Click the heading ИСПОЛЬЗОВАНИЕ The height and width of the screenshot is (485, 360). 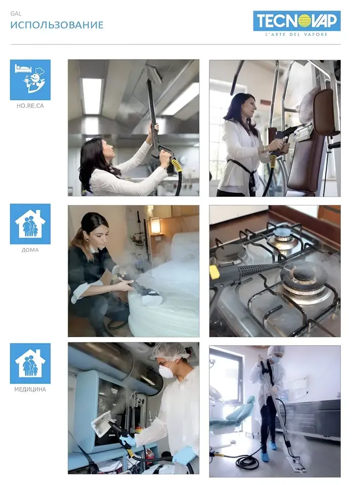tap(57, 25)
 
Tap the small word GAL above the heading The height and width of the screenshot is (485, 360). tap(16, 14)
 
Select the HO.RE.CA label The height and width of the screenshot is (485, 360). tap(30, 106)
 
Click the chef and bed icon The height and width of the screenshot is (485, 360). tap(30, 80)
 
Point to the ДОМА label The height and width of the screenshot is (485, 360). tap(30, 250)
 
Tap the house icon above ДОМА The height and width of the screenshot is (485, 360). tap(30, 224)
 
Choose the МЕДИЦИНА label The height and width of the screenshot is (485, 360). tap(30, 390)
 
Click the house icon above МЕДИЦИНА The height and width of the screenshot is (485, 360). tap(30, 363)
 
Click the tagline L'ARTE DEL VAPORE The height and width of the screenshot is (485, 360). tap(296, 35)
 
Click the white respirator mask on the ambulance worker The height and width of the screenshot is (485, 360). tap(165, 369)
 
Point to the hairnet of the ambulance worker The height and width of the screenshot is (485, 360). tap(171, 351)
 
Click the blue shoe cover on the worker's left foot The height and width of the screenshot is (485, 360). tap(273, 445)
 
